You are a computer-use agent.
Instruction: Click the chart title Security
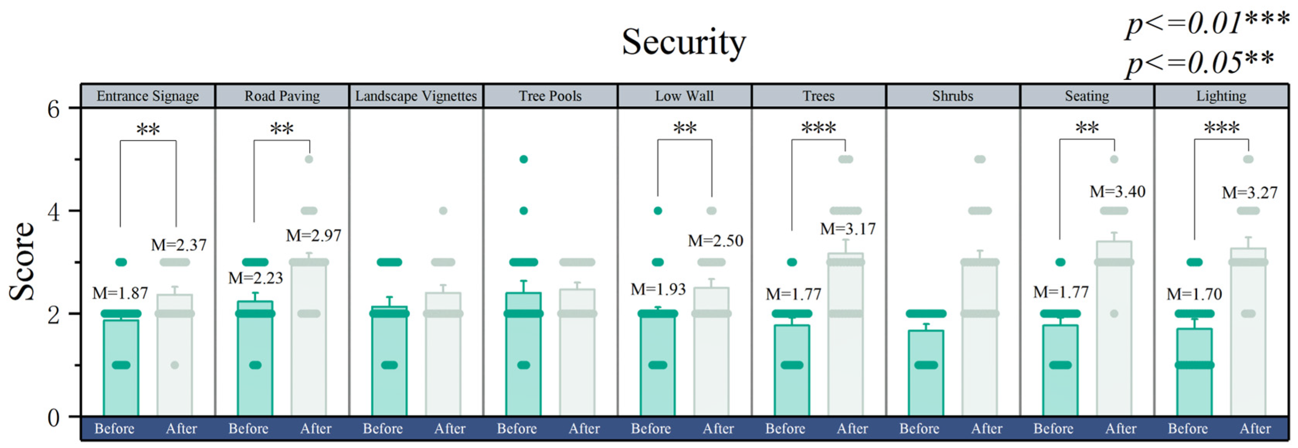tap(683, 42)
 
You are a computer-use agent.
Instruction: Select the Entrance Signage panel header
tap(148, 96)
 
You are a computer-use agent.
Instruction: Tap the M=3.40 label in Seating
tap(1117, 192)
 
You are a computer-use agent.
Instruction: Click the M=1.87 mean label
tap(120, 293)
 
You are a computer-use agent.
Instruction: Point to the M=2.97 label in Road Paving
tap(314, 235)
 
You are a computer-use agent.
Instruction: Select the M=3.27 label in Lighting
tap(1250, 192)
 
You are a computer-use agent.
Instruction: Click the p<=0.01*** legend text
tap(1207, 23)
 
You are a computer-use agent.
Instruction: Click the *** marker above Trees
tap(818, 128)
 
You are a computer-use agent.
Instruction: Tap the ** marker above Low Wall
tap(685, 128)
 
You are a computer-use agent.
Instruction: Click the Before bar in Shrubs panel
tap(926, 373)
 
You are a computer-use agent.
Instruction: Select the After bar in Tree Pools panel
tap(577, 353)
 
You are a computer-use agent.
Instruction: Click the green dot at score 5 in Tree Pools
tap(524, 159)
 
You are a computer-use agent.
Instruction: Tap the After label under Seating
tap(1121, 429)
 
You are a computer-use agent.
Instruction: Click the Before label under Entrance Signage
tap(114, 429)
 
